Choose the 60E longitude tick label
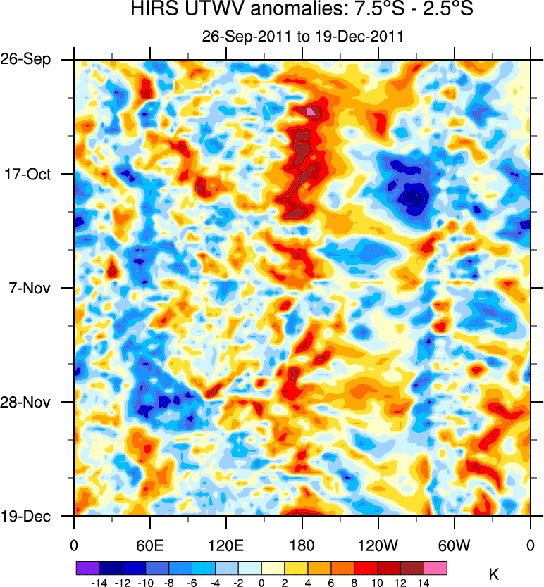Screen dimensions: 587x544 [x=149, y=544]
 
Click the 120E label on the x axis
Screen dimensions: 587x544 [x=225, y=544]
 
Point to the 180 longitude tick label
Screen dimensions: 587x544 [x=302, y=544]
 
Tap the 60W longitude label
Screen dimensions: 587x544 [x=454, y=544]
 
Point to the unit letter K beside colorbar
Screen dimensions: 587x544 [x=493, y=574]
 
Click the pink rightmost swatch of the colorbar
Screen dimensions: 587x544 [x=435, y=566]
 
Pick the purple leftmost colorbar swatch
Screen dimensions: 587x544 [x=87, y=566]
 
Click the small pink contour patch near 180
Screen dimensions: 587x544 [x=311, y=111]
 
